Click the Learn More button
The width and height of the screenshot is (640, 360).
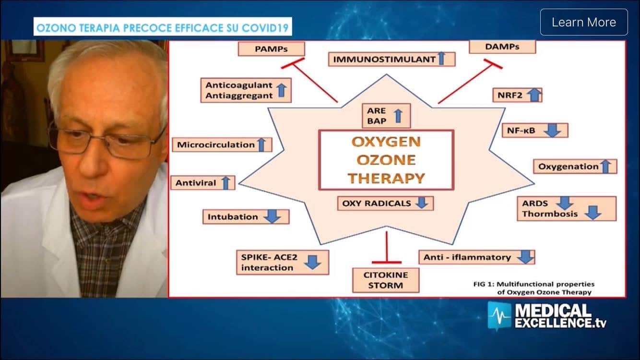pyautogui.click(x=583, y=22)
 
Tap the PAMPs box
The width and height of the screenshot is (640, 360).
pyautogui.click(x=271, y=48)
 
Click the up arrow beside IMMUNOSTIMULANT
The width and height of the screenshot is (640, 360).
pyautogui.click(x=442, y=59)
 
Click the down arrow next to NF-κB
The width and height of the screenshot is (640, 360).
pyautogui.click(x=552, y=131)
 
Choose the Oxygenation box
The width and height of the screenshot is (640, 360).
pyautogui.click(x=575, y=167)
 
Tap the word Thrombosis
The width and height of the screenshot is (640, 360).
pyautogui.click(x=550, y=214)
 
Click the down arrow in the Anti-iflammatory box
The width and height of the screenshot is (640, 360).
pyautogui.click(x=525, y=257)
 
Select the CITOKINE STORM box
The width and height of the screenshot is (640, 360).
pyautogui.click(x=385, y=280)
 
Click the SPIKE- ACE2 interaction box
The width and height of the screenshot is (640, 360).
pyautogui.click(x=282, y=262)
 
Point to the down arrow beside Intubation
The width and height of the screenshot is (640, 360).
pyautogui.click(x=273, y=216)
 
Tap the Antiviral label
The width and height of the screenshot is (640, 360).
pyautogui.click(x=196, y=183)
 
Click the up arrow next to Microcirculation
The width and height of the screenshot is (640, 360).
pyautogui.click(x=261, y=144)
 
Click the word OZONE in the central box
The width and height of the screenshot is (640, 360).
pyautogui.click(x=386, y=160)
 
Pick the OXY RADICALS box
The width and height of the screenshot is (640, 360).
pyautogui.click(x=385, y=203)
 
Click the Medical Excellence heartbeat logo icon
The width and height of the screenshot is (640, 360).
pyautogui.click(x=499, y=315)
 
